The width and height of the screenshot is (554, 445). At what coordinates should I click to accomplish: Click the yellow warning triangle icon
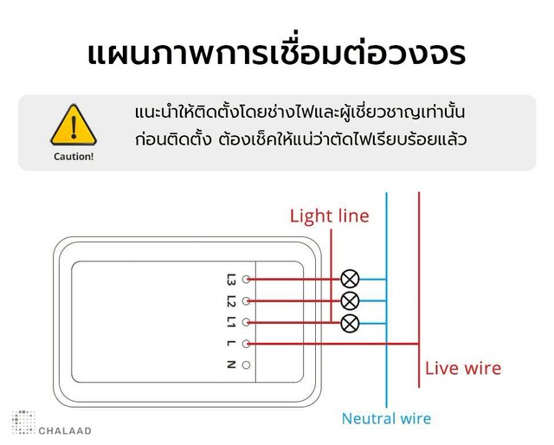(74, 125)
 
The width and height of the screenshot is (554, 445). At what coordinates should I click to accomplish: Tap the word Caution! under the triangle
(74, 157)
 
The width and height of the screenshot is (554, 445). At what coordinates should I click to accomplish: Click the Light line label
(329, 216)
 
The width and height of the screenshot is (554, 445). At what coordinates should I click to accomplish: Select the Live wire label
(463, 368)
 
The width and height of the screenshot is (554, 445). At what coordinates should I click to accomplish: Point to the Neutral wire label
(386, 418)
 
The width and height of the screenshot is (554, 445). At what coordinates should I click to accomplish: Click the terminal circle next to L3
(246, 280)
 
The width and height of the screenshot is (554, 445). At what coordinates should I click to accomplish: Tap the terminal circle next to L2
(246, 300)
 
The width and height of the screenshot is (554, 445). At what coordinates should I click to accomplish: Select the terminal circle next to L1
(246, 322)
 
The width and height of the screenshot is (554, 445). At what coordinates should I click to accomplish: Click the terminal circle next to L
(246, 344)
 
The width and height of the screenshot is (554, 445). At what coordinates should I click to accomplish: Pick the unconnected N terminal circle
(246, 364)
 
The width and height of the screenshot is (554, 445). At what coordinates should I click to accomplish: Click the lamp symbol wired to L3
(350, 279)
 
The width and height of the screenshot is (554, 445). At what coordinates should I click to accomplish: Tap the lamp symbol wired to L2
(350, 301)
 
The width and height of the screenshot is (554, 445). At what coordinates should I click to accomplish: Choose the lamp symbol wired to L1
(350, 323)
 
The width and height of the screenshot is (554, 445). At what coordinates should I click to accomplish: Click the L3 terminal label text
(231, 280)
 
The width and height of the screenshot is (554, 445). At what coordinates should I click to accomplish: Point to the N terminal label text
(231, 364)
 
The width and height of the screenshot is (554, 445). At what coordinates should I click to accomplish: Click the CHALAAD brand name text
(65, 431)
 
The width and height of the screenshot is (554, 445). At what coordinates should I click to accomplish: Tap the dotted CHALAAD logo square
(23, 422)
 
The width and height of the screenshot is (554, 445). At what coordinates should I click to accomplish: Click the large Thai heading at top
(276, 53)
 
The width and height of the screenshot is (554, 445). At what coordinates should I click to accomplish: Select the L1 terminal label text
(231, 322)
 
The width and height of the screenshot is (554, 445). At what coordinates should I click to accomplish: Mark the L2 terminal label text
(231, 300)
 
